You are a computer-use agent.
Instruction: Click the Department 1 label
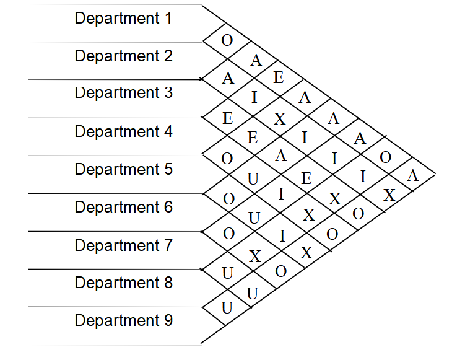123,18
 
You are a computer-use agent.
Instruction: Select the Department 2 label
123,56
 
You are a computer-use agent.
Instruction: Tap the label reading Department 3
123,94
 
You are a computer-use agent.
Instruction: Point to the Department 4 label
123,131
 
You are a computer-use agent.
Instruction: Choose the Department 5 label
123,169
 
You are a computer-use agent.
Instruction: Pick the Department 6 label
123,207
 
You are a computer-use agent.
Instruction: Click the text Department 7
123,245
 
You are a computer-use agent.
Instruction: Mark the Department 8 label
123,283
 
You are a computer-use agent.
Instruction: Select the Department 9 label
123,320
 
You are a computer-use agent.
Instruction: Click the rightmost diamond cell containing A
413,175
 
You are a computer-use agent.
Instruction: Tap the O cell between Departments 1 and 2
227,42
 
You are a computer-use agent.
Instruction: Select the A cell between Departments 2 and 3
228,79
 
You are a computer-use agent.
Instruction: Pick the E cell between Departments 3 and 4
228,118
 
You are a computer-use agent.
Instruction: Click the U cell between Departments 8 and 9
227,307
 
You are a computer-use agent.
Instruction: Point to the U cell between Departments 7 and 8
227,271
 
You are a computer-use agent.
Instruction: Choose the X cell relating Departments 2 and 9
389,195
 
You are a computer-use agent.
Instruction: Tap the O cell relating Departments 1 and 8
385,157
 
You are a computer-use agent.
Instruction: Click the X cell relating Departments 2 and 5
280,119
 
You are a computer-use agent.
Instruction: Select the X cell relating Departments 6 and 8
254,256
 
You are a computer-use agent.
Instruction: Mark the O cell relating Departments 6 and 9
280,271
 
